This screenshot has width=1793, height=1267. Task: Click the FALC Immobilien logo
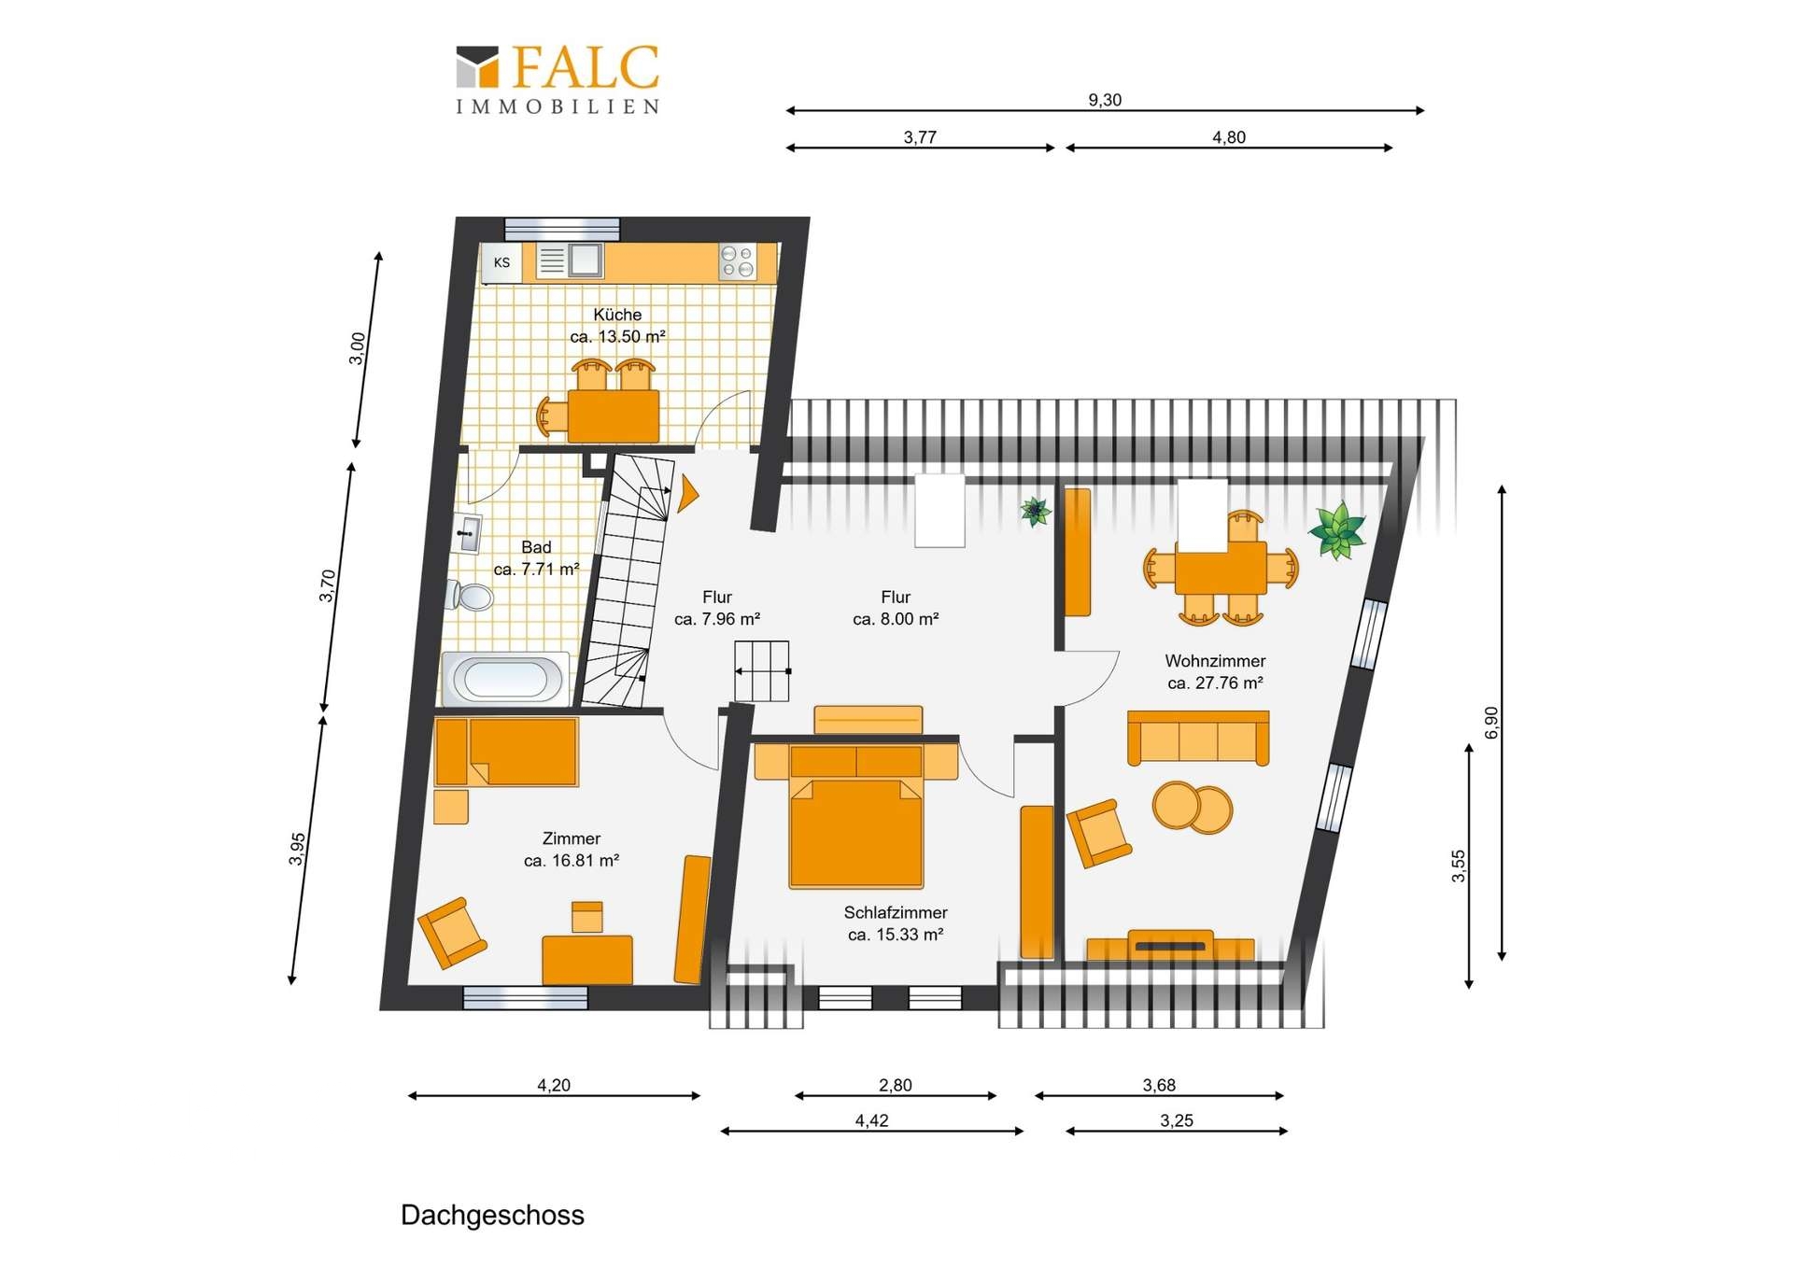tap(558, 79)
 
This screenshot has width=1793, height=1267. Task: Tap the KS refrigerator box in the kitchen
tap(501, 262)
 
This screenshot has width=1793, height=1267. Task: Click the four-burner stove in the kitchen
tap(737, 260)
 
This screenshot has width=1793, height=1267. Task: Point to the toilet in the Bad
tap(471, 595)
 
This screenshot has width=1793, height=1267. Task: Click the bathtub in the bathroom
tap(505, 679)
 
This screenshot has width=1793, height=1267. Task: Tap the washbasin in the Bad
tap(467, 533)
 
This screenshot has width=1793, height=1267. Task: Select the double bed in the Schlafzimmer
tap(856, 815)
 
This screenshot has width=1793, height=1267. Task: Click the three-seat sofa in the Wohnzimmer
tap(1198, 738)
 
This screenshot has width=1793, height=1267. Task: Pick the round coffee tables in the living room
tap(1193, 807)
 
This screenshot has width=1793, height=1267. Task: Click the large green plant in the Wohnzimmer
tap(1337, 530)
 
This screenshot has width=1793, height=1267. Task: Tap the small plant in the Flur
tap(1036, 511)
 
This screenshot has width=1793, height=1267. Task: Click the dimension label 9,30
tap(1105, 100)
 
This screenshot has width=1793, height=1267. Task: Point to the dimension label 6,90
tap(1491, 722)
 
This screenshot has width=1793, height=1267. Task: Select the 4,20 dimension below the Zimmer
tap(554, 1085)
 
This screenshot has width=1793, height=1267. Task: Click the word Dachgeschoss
tap(492, 1215)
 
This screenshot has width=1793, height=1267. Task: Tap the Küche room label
tap(617, 315)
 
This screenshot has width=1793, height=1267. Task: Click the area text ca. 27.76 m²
tap(1215, 683)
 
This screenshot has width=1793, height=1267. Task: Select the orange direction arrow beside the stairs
tap(688, 494)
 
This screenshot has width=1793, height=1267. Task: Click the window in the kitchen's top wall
tap(562, 229)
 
